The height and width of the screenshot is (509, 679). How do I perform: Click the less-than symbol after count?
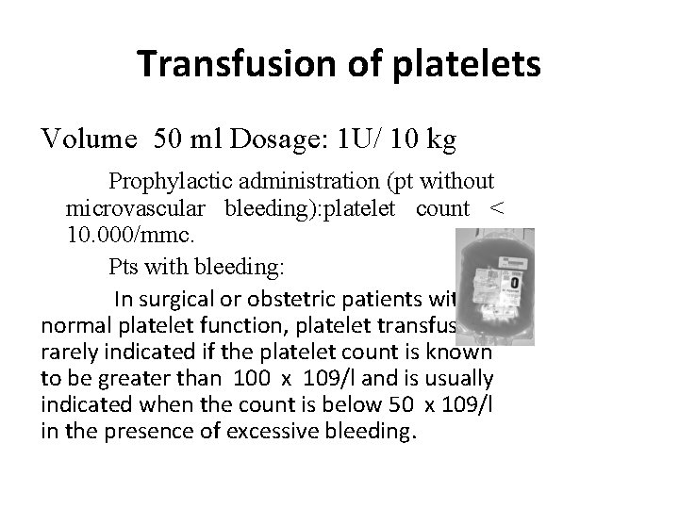tap(497, 207)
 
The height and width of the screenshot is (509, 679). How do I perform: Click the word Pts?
tap(126, 266)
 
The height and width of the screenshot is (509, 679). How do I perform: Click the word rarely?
tap(69, 352)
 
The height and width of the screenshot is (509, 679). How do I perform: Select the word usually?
tap(458, 377)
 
